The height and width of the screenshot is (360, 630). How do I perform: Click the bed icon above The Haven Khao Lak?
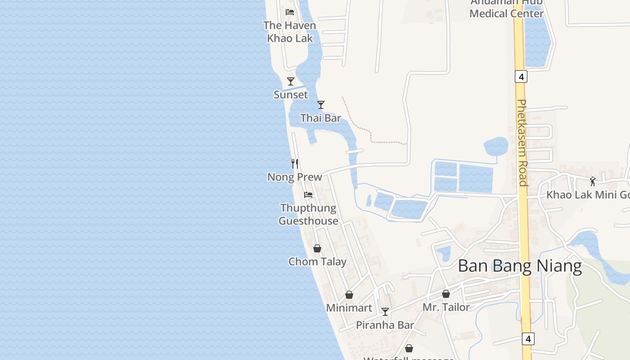point(290,12)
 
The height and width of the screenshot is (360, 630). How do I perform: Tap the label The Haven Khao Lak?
point(290,32)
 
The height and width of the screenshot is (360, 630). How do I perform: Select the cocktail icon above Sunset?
point(291,81)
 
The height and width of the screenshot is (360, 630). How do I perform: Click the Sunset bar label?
point(291,95)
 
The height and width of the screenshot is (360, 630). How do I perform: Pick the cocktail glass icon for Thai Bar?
point(321,105)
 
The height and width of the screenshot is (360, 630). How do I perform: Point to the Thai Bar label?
point(321,118)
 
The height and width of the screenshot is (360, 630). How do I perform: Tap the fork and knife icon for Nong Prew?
point(295,164)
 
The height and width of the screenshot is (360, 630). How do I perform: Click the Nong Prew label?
point(295,177)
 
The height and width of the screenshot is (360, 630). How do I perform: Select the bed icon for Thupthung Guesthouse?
point(308,195)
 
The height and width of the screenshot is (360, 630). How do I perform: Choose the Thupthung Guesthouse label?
point(308,214)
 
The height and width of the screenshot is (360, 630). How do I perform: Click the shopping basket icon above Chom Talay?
point(317,248)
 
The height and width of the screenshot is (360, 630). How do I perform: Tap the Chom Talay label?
point(317,262)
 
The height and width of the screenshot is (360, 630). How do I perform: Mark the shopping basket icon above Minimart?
point(349,295)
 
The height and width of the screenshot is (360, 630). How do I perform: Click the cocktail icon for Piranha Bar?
point(385,311)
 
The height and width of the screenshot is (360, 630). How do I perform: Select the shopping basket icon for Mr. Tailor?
point(446,294)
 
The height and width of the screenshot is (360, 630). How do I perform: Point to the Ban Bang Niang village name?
point(520,266)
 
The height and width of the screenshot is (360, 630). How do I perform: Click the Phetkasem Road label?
point(522,142)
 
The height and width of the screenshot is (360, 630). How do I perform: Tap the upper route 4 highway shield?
point(521,77)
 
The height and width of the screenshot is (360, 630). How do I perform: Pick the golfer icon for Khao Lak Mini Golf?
point(593,181)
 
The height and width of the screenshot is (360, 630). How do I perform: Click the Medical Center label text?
point(506,13)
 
